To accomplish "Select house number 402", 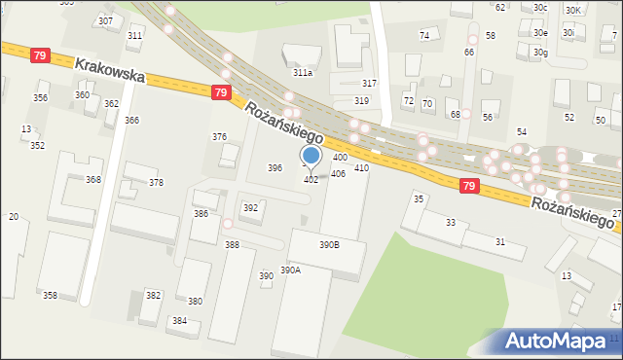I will [x=311, y=180].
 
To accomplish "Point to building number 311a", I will [x=303, y=72].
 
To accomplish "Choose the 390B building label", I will [x=329, y=245].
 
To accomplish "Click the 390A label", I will [x=290, y=270].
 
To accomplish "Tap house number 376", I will [x=220, y=137].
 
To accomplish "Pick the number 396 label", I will [x=275, y=168].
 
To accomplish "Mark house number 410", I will [x=361, y=168].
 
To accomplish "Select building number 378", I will [x=156, y=183].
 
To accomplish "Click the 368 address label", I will [x=93, y=180].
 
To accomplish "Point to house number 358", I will [x=50, y=295].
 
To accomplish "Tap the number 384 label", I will [x=179, y=320].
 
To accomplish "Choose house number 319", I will [x=361, y=101].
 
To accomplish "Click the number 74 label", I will [x=424, y=35].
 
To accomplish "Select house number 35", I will [x=419, y=198].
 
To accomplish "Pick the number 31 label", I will [x=500, y=241].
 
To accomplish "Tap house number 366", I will [x=131, y=120].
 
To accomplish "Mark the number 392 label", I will [x=250, y=208].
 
